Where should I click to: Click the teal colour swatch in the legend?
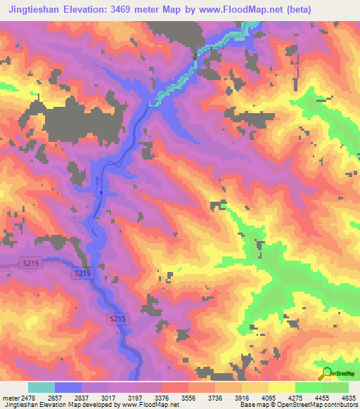coord(41,388)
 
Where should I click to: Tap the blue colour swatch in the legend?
coord(68,388)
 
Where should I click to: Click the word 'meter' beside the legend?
coord(11,398)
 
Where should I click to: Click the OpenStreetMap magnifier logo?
coord(326,375)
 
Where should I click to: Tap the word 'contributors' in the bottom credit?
coord(340,405)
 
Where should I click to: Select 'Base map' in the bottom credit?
coord(252,405)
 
